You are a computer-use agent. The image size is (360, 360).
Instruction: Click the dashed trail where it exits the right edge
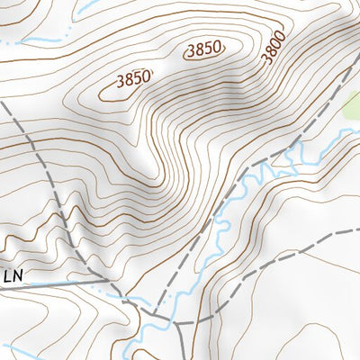pyautogui.click(x=354, y=229)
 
